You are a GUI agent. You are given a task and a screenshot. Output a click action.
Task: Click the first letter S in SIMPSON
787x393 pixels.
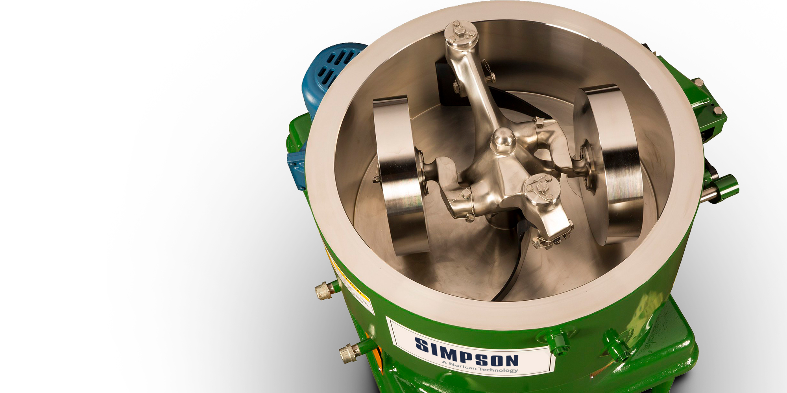click(x=422, y=345)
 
